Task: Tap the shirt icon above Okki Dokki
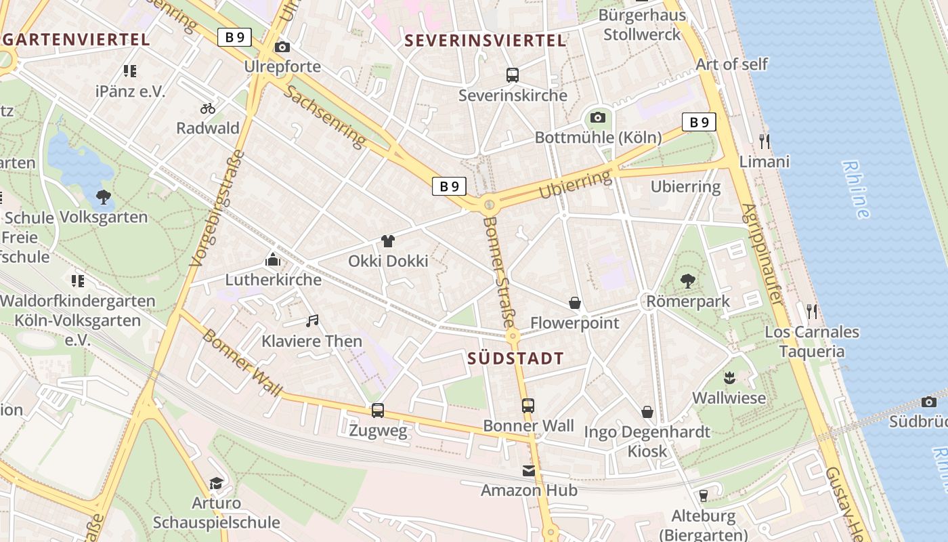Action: tap(388, 241)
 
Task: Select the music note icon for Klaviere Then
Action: tap(312, 320)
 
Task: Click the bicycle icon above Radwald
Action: tap(208, 108)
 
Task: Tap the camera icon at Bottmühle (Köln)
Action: tap(597, 118)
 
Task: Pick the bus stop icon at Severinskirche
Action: tap(513, 75)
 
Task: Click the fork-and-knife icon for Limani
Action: tap(764, 142)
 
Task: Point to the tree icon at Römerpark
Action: tap(688, 281)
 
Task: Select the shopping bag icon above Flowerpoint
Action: tap(575, 303)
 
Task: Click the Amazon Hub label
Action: tap(529, 490)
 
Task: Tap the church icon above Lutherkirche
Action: tap(273, 259)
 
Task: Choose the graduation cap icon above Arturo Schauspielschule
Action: tap(216, 483)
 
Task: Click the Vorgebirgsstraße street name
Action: tap(217, 207)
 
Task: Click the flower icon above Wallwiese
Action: tap(729, 377)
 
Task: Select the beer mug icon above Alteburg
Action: tap(703, 496)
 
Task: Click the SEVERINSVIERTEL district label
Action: tap(485, 41)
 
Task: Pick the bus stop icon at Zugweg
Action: tap(378, 410)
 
